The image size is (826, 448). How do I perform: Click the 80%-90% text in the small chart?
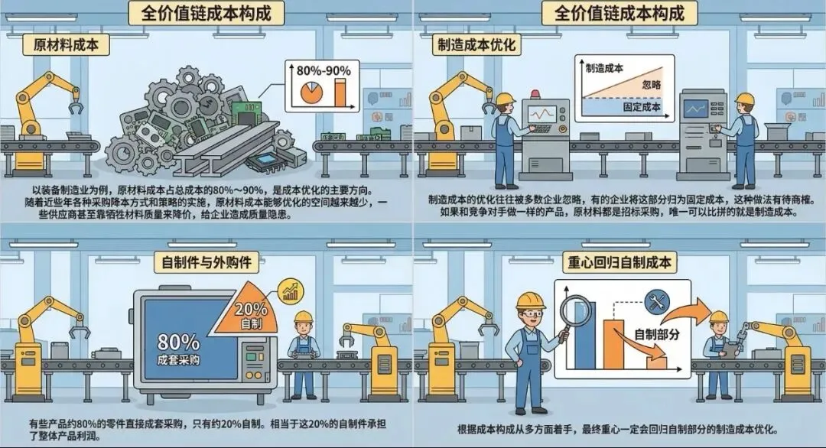click(x=324, y=71)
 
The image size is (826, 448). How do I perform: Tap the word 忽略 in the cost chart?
click(x=652, y=84)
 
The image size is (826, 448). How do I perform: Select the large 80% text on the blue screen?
click(x=178, y=342)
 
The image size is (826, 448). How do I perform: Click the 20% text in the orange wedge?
click(x=251, y=310)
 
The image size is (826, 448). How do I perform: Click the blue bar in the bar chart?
click(x=585, y=336)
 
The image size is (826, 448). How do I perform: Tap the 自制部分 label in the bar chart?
click(x=657, y=335)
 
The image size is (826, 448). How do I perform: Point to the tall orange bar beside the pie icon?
click(x=339, y=91)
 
